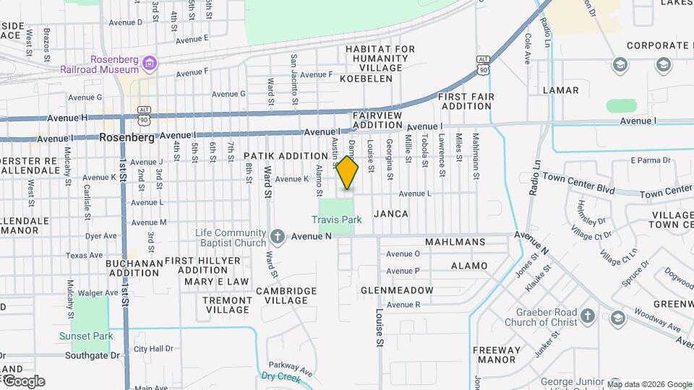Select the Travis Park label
click(336, 220)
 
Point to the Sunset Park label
click(86, 336)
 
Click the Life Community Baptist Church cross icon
click(278, 236)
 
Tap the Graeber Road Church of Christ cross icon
click(587, 316)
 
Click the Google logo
click(23, 381)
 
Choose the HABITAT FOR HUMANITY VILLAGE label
click(380, 58)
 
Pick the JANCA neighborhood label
click(391, 214)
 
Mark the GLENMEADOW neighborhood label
click(397, 290)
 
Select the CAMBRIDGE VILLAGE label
click(286, 295)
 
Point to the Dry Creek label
click(280, 376)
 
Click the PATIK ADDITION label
click(286, 156)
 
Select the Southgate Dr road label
click(92, 355)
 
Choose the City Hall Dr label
click(153, 349)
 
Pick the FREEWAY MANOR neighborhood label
click(494, 355)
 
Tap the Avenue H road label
click(67, 117)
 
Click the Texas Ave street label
click(85, 255)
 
